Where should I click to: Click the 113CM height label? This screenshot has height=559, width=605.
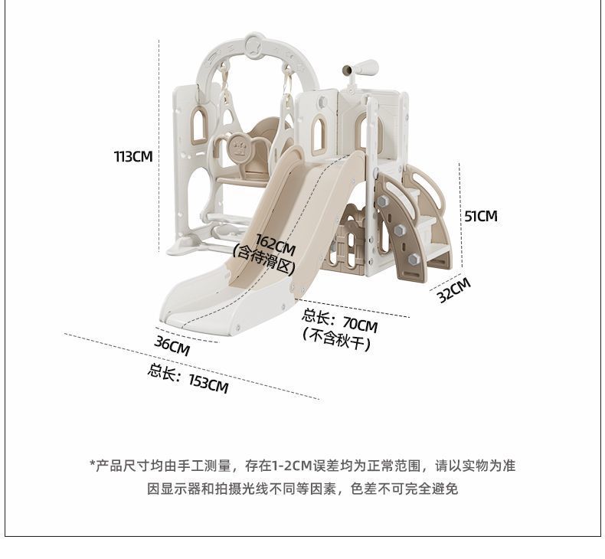[x=133, y=156]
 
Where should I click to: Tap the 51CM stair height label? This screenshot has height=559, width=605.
[x=481, y=216]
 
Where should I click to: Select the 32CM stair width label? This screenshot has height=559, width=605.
[x=454, y=290]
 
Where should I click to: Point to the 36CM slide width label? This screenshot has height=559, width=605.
[x=172, y=346]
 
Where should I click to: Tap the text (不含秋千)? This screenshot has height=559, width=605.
[x=338, y=342]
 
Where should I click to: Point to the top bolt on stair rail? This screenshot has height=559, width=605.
[x=382, y=201]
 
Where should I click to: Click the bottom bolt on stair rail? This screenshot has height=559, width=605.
[x=414, y=260]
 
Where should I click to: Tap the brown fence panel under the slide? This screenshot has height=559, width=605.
[x=349, y=242]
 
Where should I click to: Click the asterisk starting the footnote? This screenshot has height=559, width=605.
[x=93, y=464]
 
